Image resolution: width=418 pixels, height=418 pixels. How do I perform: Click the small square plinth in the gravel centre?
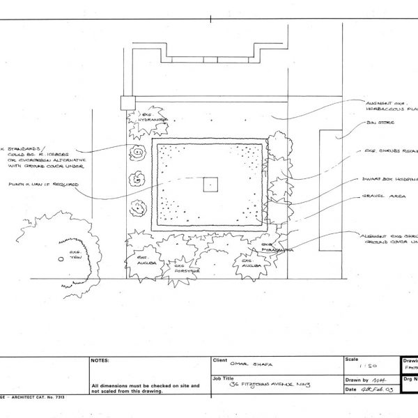tap(210, 185)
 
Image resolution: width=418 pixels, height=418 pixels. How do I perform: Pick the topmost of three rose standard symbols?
tap(138, 152)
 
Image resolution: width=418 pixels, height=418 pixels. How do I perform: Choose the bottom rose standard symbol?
tap(139, 206)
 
